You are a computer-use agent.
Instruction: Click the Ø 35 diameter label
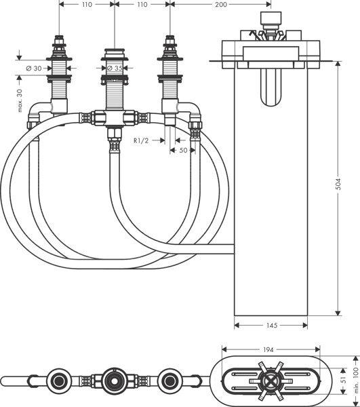tap(114, 68)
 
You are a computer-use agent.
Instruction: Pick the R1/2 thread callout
tap(142, 140)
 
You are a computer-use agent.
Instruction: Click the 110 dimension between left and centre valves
tap(86, 5)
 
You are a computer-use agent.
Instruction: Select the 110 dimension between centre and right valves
tap(142, 5)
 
